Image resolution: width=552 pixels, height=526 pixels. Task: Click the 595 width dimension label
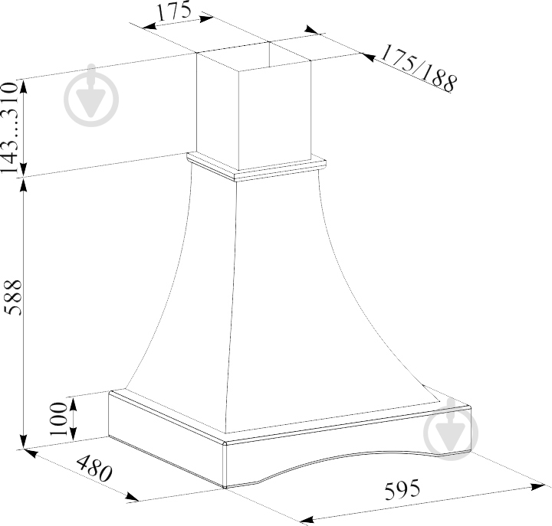coord(402,489)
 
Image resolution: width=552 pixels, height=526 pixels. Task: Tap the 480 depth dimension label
coord(94,469)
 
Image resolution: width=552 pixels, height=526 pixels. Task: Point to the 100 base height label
coord(58,418)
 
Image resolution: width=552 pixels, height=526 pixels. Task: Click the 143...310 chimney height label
coord(9,128)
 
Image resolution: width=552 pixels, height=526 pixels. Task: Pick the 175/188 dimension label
coord(419,68)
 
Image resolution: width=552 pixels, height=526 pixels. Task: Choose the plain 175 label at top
coord(173,11)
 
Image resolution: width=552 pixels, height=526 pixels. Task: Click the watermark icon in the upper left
coord(91,95)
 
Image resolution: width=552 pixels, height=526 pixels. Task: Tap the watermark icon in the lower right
coord(451,430)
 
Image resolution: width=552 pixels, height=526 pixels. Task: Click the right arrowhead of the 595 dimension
coord(538,487)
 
